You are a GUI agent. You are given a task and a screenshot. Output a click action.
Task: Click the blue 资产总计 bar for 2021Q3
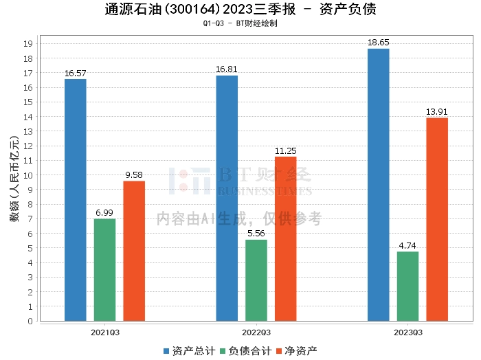point(76,200)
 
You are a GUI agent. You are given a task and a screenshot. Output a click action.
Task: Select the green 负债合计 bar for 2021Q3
point(105,270)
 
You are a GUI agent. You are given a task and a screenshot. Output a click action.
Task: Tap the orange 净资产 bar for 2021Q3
point(134,251)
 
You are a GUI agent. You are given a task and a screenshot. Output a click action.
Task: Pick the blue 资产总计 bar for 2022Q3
point(227,198)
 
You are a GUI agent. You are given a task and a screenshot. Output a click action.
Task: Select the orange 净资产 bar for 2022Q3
point(286,239)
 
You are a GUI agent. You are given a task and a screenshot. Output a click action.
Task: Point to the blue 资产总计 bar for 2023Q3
point(379,185)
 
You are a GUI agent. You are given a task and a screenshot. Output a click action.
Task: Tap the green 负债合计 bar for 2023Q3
point(407,286)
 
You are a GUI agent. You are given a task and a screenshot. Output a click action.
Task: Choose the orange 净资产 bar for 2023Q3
point(437,219)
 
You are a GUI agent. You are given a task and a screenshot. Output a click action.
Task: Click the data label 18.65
point(379,43)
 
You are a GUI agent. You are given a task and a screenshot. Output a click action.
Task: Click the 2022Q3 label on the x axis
point(256,332)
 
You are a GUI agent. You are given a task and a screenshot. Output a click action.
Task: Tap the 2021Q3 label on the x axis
point(105,332)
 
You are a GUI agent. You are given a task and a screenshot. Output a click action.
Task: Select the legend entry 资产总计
point(188,351)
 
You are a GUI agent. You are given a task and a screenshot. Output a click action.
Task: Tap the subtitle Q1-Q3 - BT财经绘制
point(240,23)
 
